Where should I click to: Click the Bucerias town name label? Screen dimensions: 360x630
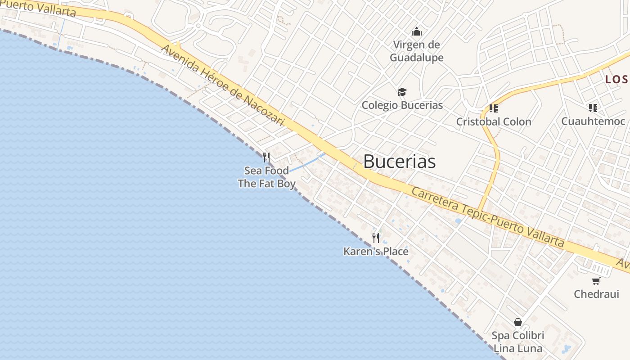(x=399, y=162)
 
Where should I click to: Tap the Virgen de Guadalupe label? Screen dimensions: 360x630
(x=417, y=51)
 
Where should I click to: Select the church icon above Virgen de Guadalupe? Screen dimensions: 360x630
(x=417, y=32)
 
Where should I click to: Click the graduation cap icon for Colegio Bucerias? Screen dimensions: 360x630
(x=402, y=92)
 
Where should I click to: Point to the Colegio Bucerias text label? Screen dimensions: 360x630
(x=402, y=105)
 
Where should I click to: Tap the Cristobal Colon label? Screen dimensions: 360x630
(x=494, y=121)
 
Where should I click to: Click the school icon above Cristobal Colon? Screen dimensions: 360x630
(x=494, y=108)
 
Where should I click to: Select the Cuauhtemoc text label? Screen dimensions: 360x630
(x=593, y=121)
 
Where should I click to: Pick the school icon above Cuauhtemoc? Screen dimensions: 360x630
(x=593, y=108)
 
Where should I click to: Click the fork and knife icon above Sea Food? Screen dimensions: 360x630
(x=266, y=157)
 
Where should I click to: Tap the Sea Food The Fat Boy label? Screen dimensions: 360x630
(x=267, y=177)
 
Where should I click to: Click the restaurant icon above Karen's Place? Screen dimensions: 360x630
(x=376, y=238)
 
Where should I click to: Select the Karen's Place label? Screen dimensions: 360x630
(x=376, y=251)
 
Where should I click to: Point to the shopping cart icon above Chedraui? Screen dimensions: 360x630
(x=596, y=281)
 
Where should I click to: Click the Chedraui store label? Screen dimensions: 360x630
(x=596, y=294)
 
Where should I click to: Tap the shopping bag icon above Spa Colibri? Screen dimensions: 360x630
(x=518, y=322)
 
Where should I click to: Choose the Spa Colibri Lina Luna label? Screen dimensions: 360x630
(x=518, y=342)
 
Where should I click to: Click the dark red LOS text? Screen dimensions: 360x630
(x=616, y=80)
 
